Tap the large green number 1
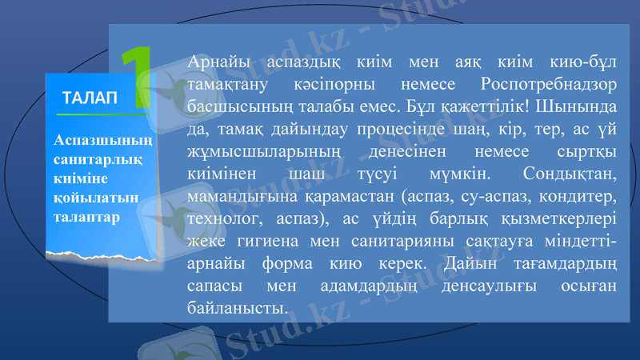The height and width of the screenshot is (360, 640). [137, 78]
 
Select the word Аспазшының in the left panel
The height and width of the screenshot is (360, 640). [102, 140]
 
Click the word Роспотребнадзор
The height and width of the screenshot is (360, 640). [549, 83]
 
